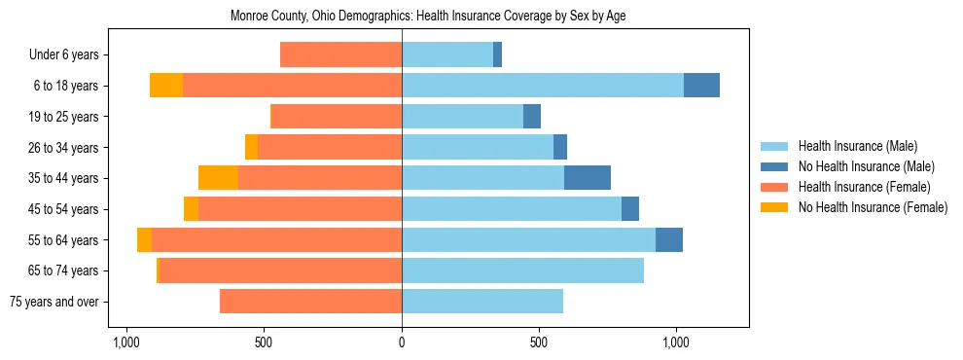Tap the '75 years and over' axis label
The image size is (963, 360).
click(54, 302)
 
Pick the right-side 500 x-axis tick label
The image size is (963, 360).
click(539, 342)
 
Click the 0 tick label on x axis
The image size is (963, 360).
click(402, 342)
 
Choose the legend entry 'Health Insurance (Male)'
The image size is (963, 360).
click(857, 146)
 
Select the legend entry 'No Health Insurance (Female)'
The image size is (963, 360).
click(873, 207)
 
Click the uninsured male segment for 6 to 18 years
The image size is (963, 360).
click(701, 86)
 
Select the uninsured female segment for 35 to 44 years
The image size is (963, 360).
click(218, 178)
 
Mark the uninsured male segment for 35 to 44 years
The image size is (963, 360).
click(588, 178)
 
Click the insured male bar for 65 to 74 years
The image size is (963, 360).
click(522, 270)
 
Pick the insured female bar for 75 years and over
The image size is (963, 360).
click(310, 302)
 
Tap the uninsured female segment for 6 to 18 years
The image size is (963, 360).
click(166, 86)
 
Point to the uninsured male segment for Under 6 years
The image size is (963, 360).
click(497, 54)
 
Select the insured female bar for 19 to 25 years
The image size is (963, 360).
click(336, 117)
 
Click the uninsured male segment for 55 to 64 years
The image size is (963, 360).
click(669, 239)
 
